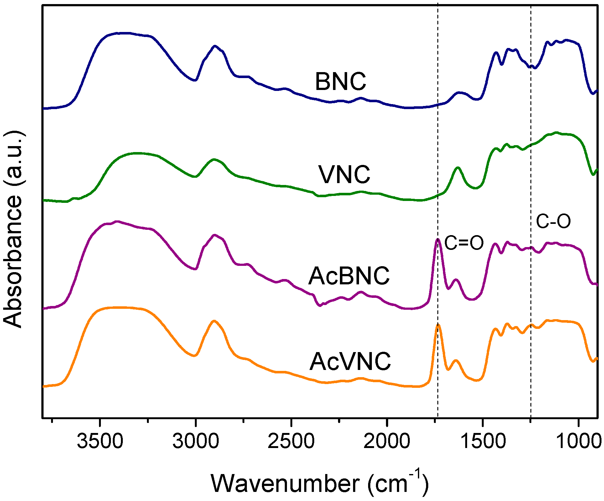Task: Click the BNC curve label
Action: (x=340, y=82)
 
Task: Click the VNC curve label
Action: (x=344, y=174)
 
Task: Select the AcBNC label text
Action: (x=349, y=276)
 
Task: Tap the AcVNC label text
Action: (x=350, y=361)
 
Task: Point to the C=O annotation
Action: (x=464, y=243)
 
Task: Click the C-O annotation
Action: (x=553, y=221)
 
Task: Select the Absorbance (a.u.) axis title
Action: (x=13, y=229)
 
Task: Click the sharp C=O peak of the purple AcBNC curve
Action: (x=438, y=240)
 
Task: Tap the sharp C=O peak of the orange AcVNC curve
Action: (x=438, y=325)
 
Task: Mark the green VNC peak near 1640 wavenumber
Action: (x=458, y=168)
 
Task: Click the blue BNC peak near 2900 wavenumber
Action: (x=215, y=46)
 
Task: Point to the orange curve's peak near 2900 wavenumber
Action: (x=214, y=321)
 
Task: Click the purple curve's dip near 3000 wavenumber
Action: (x=195, y=269)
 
